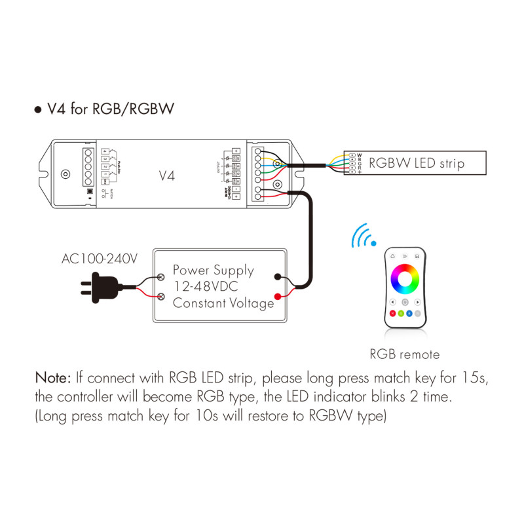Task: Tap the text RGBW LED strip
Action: tap(417, 163)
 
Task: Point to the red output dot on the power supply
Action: tap(278, 298)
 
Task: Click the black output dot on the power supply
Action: tap(278, 277)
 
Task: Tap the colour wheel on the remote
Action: tap(405, 278)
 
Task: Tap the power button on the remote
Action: tap(405, 302)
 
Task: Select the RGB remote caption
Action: tap(404, 354)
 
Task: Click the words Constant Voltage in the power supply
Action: tap(223, 303)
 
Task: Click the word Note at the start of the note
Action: tap(52, 378)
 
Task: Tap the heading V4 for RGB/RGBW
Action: tap(110, 109)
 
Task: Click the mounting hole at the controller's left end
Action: tap(65, 175)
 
